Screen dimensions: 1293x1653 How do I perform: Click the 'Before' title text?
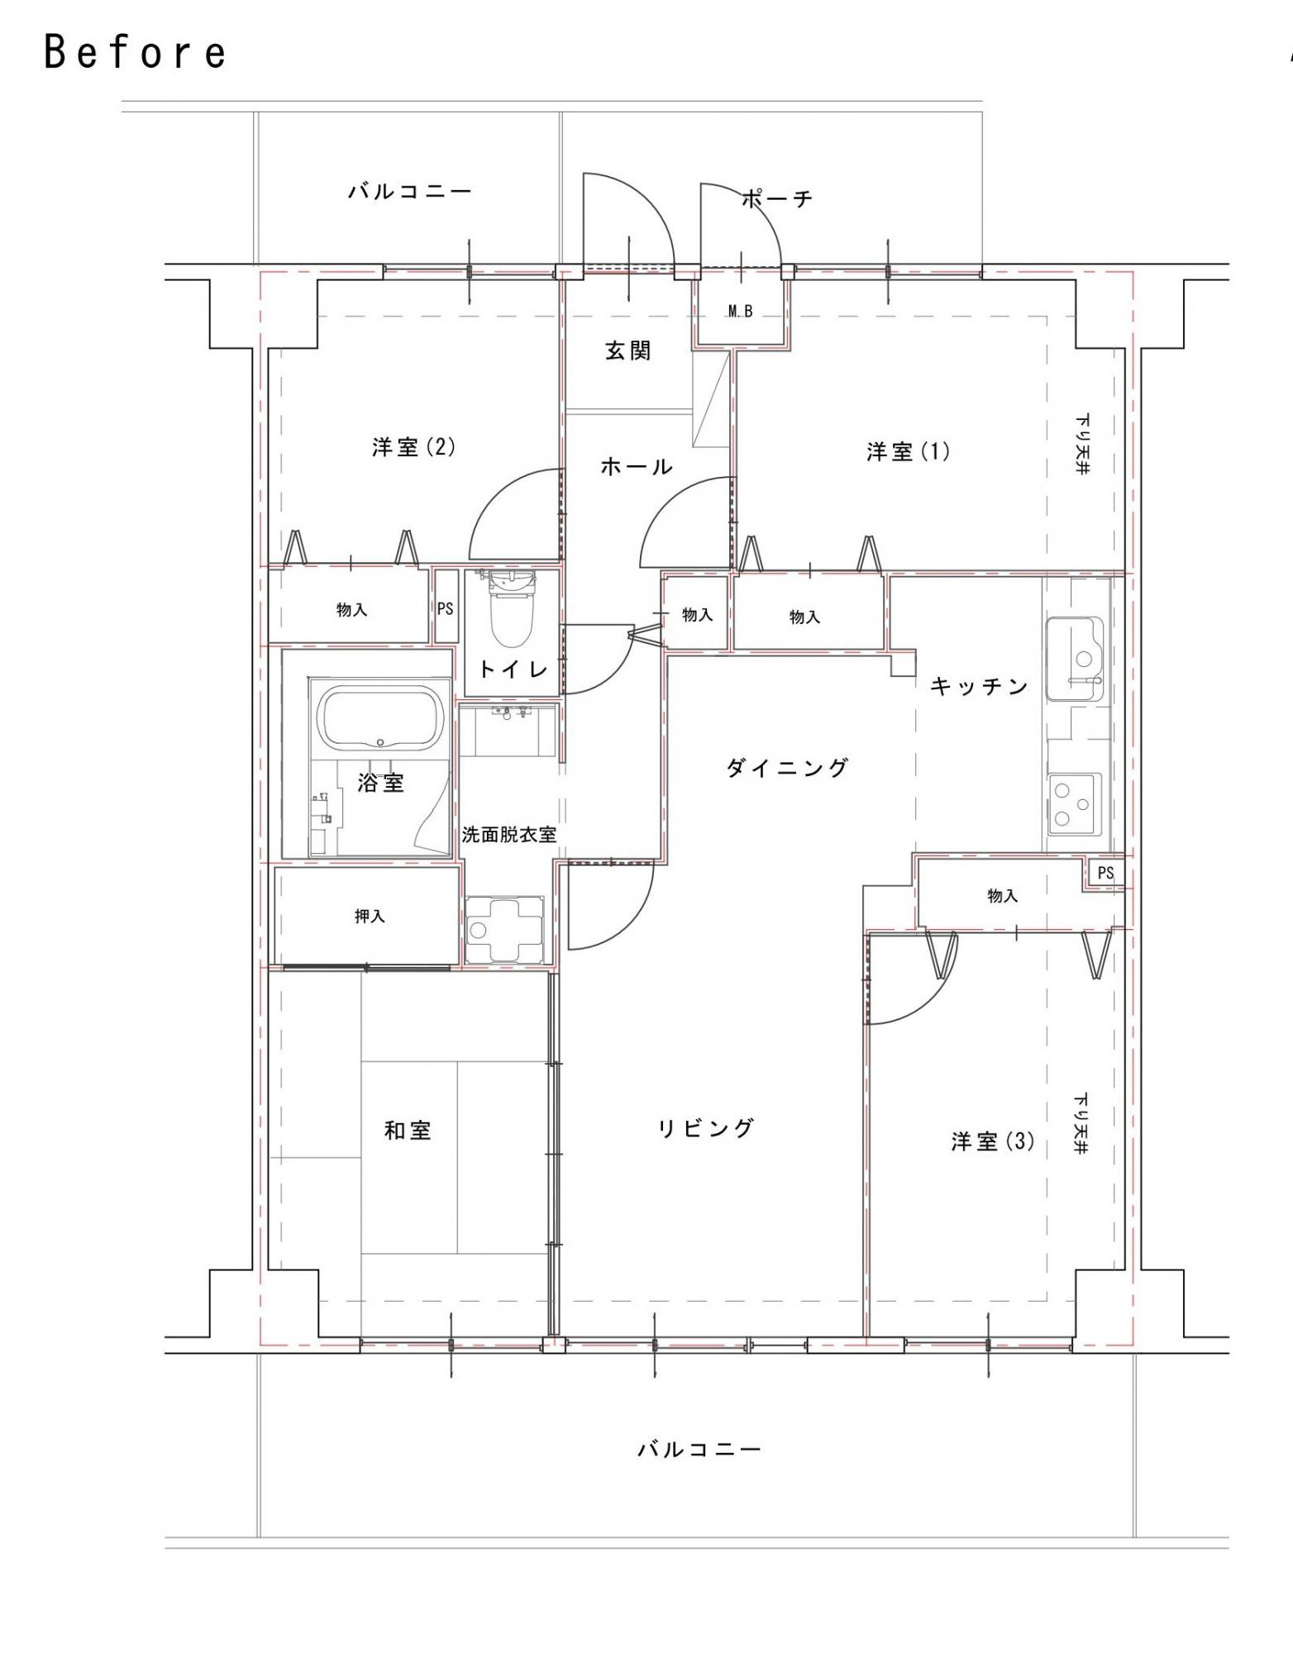[x=135, y=52]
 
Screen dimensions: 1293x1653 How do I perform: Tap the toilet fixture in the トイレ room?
[x=513, y=609]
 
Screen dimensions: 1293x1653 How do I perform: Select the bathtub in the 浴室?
[x=379, y=717]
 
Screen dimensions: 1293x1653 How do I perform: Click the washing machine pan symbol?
[x=504, y=930]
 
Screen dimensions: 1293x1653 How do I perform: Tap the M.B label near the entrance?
[x=740, y=312]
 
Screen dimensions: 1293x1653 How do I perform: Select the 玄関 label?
[x=628, y=350]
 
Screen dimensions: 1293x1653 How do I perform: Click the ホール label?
[x=636, y=467]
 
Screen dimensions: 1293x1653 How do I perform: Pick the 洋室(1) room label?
[x=908, y=451]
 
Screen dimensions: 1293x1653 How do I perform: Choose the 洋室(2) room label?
[x=413, y=447]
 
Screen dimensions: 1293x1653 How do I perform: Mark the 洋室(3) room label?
[x=992, y=1141]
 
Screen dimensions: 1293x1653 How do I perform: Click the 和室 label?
[x=408, y=1130]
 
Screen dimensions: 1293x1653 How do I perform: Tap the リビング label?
[x=706, y=1128]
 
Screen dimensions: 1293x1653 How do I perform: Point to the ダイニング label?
[x=787, y=768]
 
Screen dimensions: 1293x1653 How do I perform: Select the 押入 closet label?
[x=370, y=917]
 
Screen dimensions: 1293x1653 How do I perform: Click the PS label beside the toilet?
[x=445, y=609]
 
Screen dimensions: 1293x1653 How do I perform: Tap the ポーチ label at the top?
[x=777, y=198]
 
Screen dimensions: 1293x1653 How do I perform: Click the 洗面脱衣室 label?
[x=508, y=835]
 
